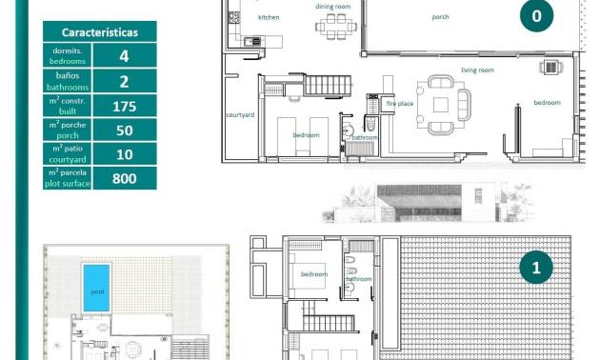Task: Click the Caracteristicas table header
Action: tap(100, 32)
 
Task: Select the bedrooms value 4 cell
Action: tap(124, 56)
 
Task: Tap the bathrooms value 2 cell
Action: tap(124, 82)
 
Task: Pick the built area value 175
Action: tap(124, 107)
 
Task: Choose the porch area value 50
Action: tap(124, 130)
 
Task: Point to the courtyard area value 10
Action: tap(124, 154)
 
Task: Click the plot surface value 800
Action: tap(124, 178)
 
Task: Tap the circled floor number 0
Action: tap(536, 15)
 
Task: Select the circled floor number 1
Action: tap(536, 270)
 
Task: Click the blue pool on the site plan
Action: tap(96, 286)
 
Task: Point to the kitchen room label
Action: tap(269, 17)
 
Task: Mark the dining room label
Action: tap(333, 6)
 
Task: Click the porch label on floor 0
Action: tap(440, 16)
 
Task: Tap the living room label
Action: tap(477, 70)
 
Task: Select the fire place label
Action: tap(399, 103)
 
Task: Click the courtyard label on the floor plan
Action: tap(239, 115)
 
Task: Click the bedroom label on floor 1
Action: tap(314, 274)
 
